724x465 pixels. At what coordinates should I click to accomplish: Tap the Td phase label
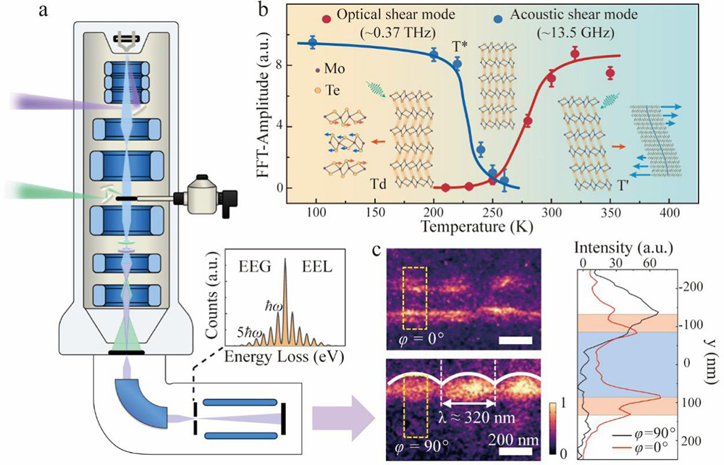[x=384, y=185]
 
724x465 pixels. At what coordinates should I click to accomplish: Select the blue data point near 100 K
[x=313, y=43]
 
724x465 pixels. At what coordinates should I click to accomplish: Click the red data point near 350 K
[x=610, y=73]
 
